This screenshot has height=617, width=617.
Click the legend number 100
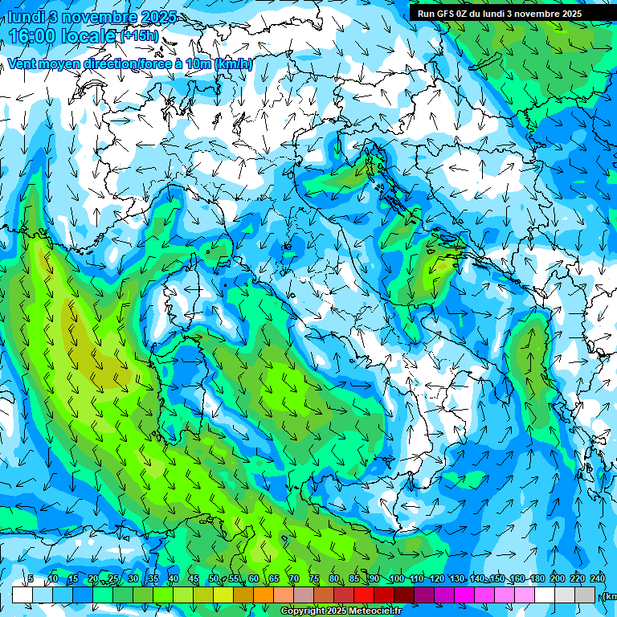(x=396, y=578)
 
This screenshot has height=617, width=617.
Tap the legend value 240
(x=597, y=578)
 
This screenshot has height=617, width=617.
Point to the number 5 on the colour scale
(x=31, y=578)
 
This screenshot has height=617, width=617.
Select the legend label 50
(x=213, y=578)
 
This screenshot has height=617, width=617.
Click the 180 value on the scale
(x=537, y=578)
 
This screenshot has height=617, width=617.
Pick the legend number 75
(x=314, y=578)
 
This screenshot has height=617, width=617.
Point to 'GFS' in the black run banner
(x=443, y=13)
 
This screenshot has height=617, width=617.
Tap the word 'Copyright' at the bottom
(x=304, y=611)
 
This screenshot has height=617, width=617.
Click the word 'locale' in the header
(x=88, y=35)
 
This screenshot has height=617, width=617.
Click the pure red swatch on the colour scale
(x=364, y=595)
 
